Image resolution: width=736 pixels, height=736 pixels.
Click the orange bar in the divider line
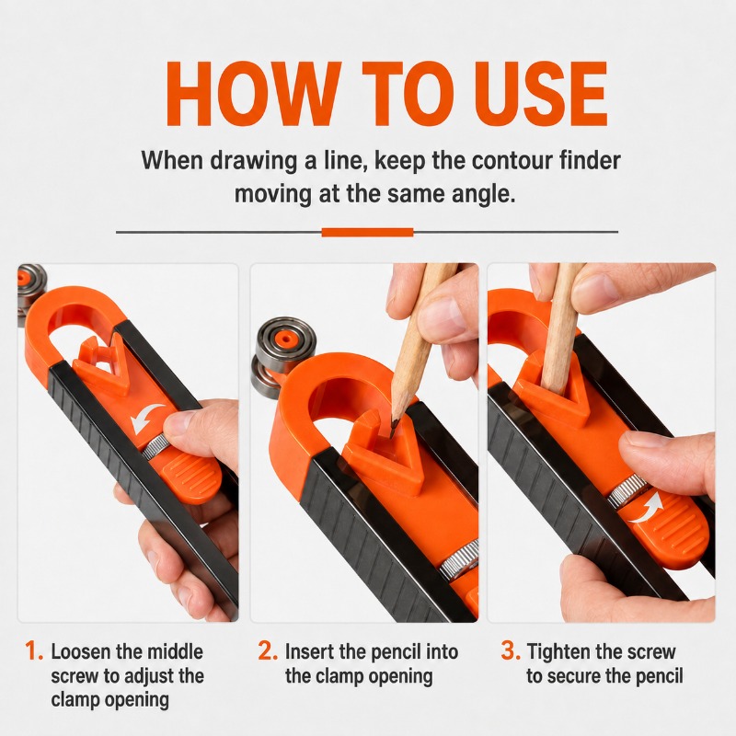367,233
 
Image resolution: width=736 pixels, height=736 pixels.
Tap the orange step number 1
33,651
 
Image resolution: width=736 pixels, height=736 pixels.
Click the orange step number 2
268,651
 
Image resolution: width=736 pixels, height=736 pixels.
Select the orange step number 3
511,651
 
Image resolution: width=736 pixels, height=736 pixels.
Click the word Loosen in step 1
80,652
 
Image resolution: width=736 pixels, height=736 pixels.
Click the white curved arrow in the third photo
647,509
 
